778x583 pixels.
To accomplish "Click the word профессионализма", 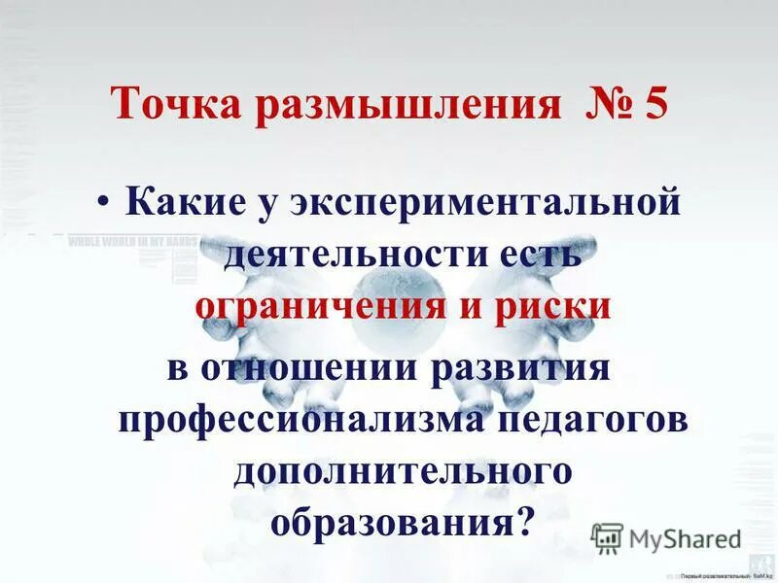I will (303, 420).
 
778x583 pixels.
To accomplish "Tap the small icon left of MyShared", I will (607, 537).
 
